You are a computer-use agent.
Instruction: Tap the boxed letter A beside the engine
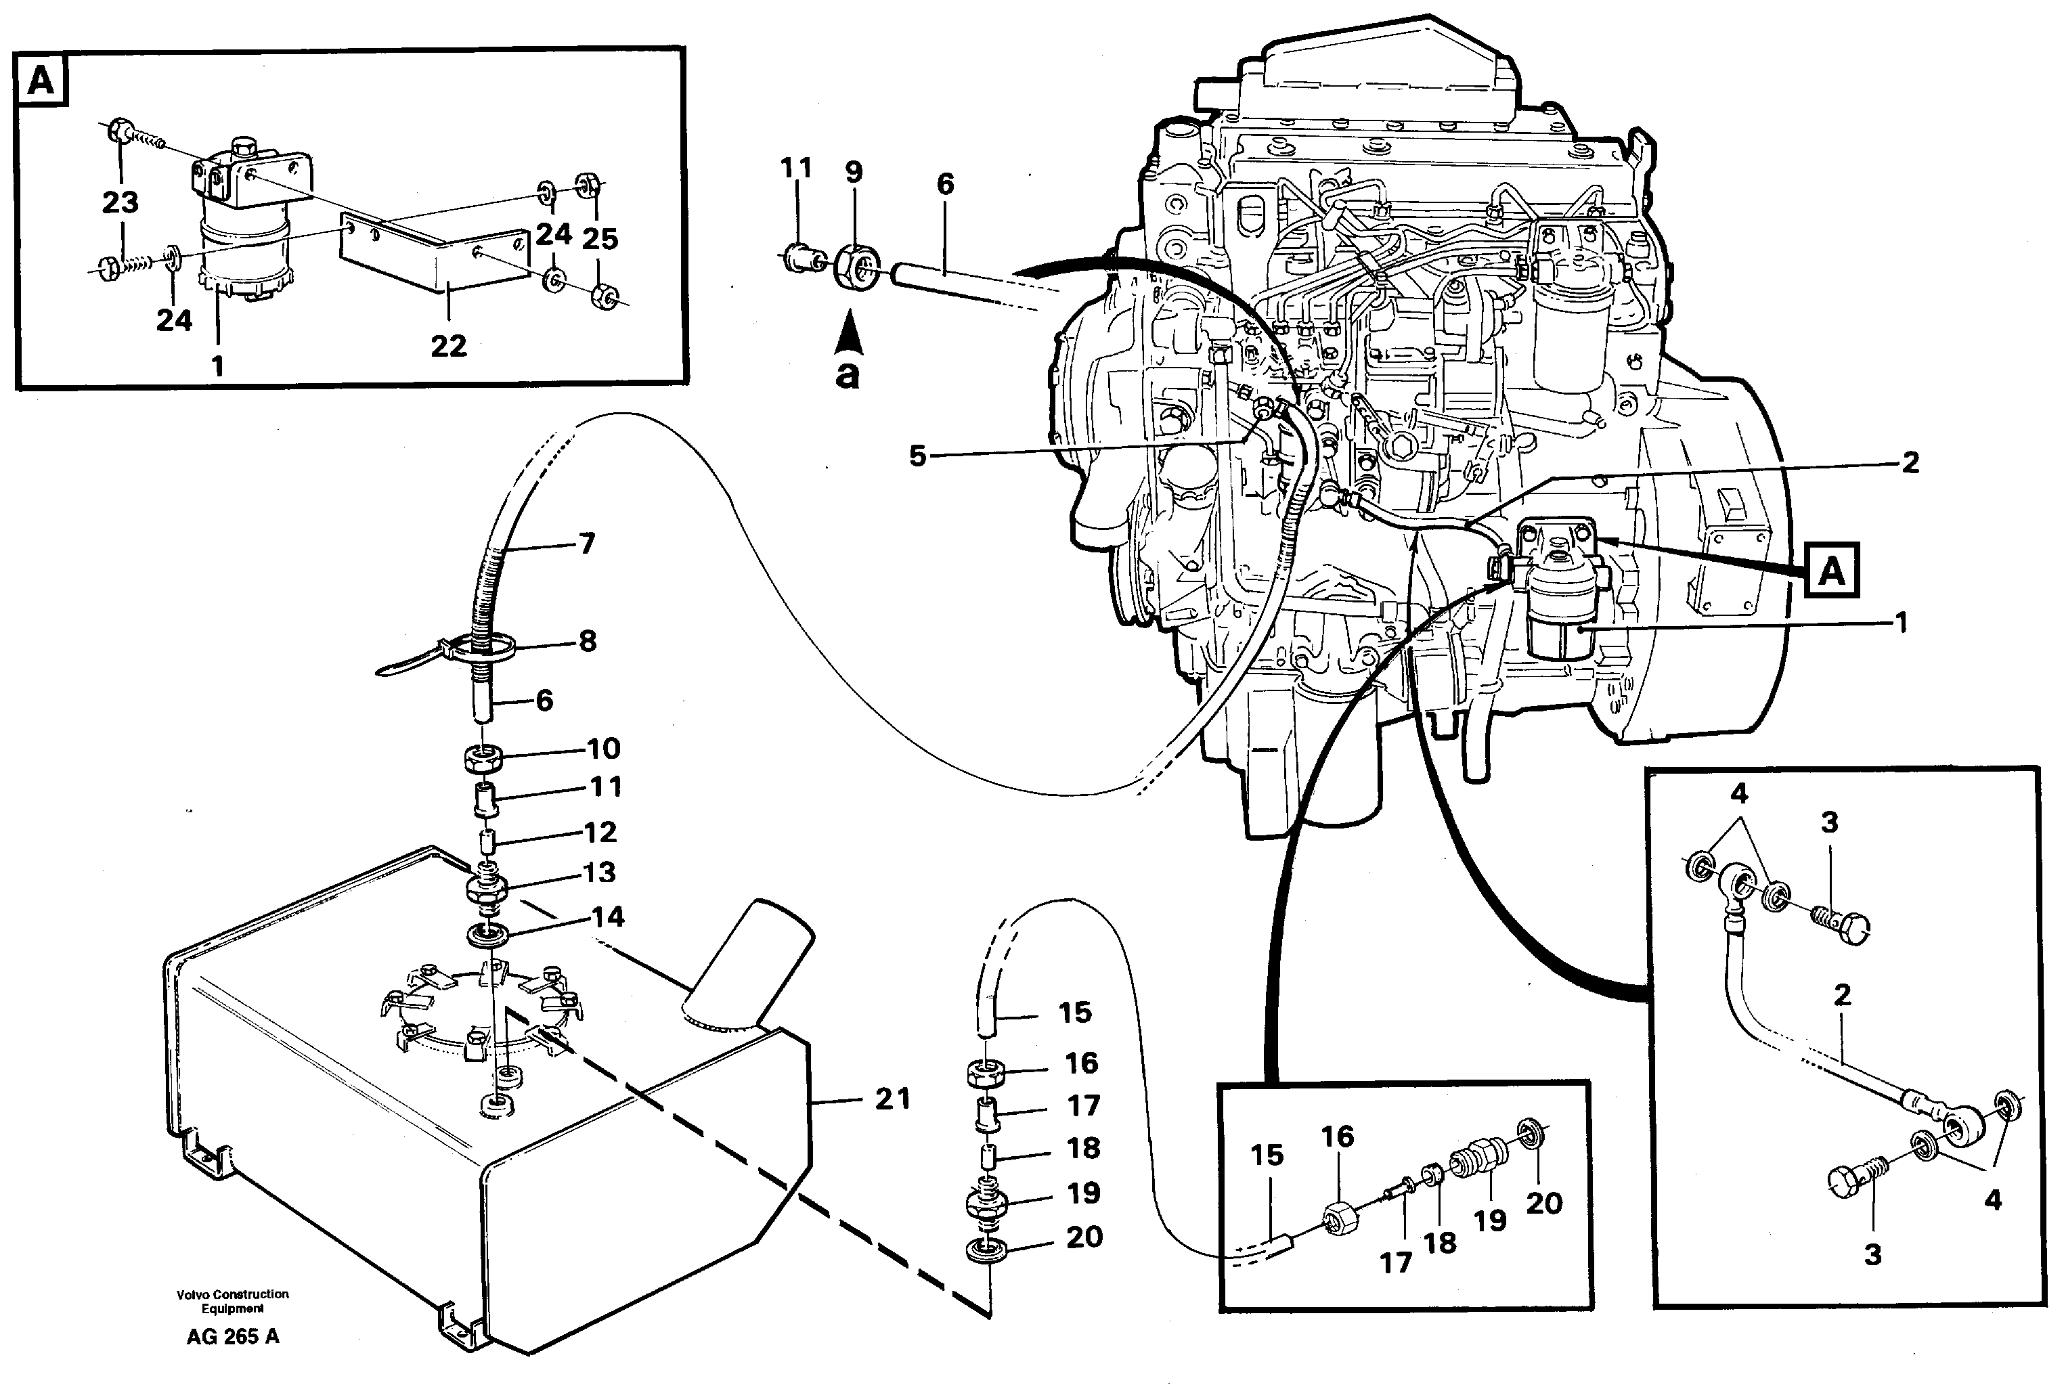click(x=1831, y=571)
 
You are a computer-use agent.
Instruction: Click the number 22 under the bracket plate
click(x=448, y=345)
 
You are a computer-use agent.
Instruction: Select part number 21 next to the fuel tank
click(x=892, y=1099)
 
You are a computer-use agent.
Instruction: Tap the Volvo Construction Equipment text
click(x=232, y=1301)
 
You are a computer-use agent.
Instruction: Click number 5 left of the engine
click(x=918, y=456)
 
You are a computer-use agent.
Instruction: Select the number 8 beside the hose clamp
click(x=588, y=641)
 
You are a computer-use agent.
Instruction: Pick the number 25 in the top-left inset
click(x=600, y=238)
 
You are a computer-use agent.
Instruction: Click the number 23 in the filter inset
click(x=120, y=203)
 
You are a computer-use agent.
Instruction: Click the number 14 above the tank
click(x=608, y=916)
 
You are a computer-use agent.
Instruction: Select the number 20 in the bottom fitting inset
click(x=1543, y=1203)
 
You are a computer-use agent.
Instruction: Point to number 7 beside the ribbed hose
click(x=588, y=543)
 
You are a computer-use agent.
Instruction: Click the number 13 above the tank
click(x=600, y=873)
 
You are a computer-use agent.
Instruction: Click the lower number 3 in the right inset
click(x=1872, y=1254)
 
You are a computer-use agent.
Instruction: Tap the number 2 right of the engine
click(x=1910, y=462)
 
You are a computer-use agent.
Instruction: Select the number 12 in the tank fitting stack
click(x=600, y=832)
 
